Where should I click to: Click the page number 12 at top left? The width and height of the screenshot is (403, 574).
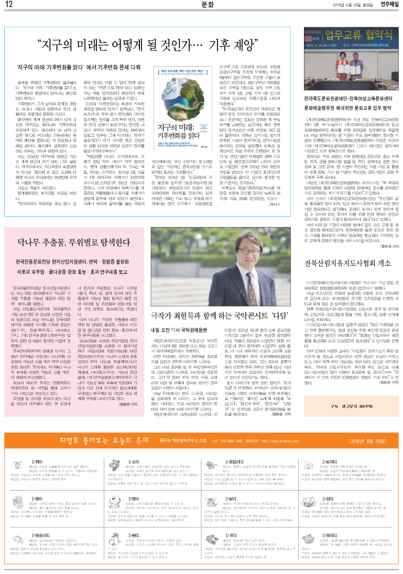click(x=9, y=5)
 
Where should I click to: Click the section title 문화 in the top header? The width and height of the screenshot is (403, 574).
click(x=208, y=5)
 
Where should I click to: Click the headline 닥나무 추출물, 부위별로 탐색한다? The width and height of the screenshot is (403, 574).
click(x=77, y=244)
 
